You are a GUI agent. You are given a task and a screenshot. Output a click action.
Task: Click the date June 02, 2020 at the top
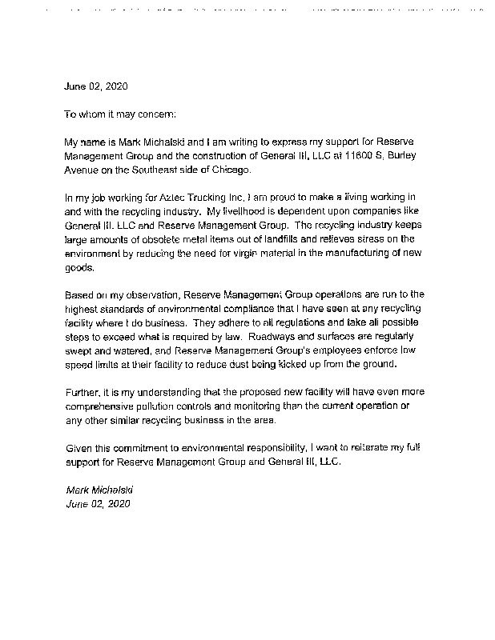click(x=95, y=86)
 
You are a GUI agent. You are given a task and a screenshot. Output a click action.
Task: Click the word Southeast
click(x=161, y=170)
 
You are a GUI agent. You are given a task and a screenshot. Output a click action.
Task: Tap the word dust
click(x=239, y=364)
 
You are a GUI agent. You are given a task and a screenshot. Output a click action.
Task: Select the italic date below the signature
click(x=97, y=504)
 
